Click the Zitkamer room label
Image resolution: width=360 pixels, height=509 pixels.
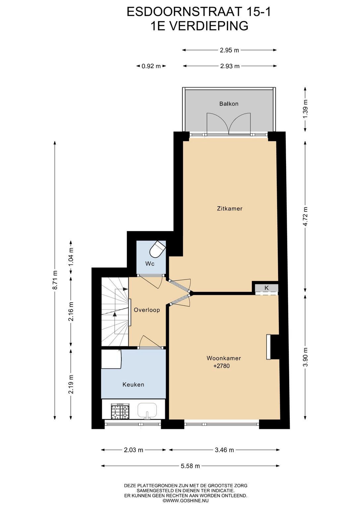tap(229, 208)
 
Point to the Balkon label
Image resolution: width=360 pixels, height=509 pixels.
tap(229, 104)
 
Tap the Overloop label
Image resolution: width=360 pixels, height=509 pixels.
tap(147, 310)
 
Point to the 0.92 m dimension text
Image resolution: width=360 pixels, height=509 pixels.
tap(151, 66)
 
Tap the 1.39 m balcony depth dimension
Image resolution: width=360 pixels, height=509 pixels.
tap(305, 109)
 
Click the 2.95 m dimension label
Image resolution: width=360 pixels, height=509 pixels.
tap(229, 50)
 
